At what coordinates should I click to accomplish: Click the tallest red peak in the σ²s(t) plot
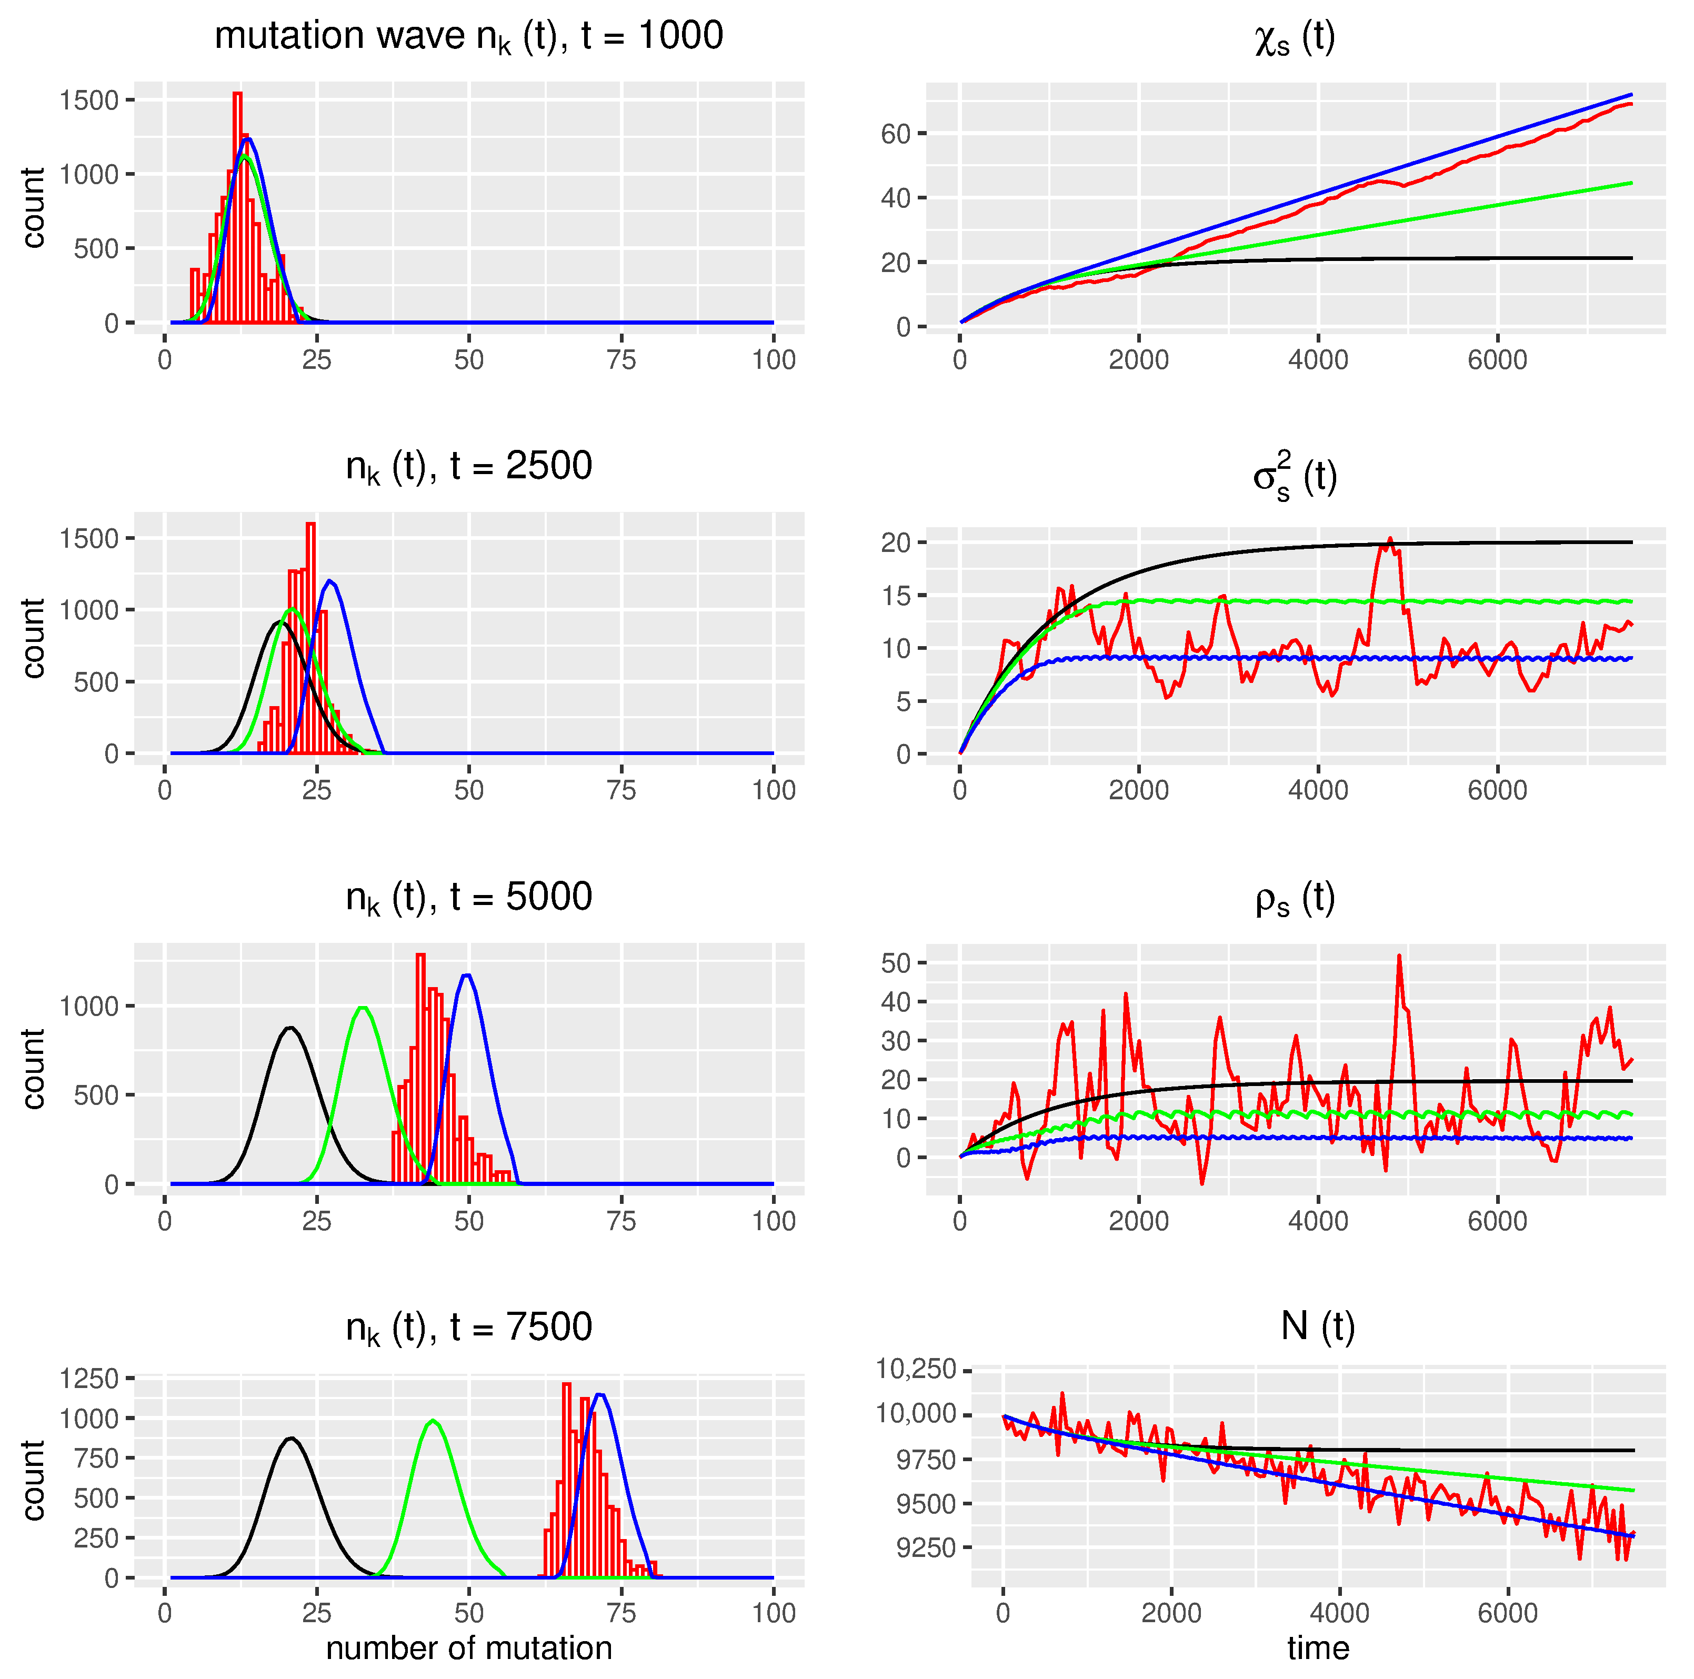1390,539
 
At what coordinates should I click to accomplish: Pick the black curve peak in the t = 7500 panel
291,1439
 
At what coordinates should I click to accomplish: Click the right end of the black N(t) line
1632,1450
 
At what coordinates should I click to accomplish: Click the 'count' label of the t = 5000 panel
33,1068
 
